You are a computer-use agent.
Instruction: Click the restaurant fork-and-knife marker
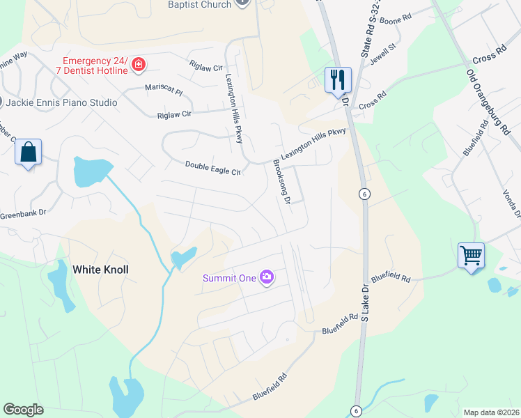[x=338, y=79]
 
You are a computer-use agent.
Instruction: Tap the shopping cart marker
[x=472, y=256]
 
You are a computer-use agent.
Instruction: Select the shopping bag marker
[x=29, y=152]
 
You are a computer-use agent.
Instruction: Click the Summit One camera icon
[x=266, y=278]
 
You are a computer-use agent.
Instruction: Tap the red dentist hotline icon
[x=139, y=65]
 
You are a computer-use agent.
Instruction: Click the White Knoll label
[x=101, y=269]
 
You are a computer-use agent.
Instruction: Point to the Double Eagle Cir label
[x=212, y=167]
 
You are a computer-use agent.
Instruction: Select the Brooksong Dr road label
[x=281, y=181]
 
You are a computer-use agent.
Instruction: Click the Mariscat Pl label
[x=163, y=91]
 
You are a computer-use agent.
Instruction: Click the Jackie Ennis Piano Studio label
[x=62, y=102]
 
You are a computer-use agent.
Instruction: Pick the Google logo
[x=23, y=410]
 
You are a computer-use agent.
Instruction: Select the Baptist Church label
[x=200, y=5]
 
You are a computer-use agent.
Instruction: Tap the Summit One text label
[x=228, y=278]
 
